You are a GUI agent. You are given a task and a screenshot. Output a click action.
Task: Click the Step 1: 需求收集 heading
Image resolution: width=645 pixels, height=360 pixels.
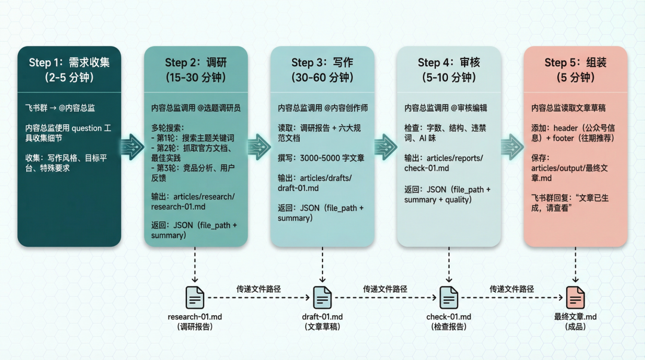pyautogui.click(x=69, y=63)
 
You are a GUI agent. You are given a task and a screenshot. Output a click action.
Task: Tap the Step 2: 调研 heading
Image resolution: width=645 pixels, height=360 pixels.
pyautogui.click(x=196, y=63)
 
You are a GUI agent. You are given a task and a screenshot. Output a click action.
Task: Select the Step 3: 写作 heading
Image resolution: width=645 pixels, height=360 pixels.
pyautogui.click(x=322, y=63)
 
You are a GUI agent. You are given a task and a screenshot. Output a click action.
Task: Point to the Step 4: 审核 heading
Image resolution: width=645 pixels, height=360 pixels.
pyautogui.click(x=449, y=63)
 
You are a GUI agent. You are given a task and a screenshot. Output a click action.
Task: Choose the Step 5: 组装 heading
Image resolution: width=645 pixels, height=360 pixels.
pyautogui.click(x=575, y=63)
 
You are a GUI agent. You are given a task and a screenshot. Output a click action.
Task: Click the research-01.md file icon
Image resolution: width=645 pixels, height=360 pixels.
pyautogui.click(x=195, y=297)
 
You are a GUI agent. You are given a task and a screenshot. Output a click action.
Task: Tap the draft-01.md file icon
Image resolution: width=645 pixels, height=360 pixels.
pyautogui.click(x=322, y=297)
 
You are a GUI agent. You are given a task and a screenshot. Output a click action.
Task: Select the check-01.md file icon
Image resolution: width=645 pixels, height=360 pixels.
pyautogui.click(x=449, y=297)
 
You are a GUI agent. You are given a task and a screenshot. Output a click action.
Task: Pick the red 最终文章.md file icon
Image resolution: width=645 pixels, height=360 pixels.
pyautogui.click(x=575, y=297)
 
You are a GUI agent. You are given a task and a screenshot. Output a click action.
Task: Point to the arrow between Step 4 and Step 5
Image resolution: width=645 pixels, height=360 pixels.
pyautogui.click(x=512, y=146)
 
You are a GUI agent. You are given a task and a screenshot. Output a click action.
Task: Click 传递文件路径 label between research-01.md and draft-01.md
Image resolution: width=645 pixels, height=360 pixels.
pyautogui.click(x=259, y=289)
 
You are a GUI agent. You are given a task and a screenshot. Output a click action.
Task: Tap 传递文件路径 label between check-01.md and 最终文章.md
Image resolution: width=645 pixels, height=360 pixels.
pyautogui.click(x=512, y=289)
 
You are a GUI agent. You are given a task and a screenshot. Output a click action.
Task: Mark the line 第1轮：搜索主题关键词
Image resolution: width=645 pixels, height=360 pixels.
pyautogui.click(x=191, y=137)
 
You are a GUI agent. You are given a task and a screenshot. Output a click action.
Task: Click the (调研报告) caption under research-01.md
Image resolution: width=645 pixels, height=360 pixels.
pyautogui.click(x=195, y=327)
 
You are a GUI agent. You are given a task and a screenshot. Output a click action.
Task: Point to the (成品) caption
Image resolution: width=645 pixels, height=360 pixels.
pyautogui.click(x=575, y=327)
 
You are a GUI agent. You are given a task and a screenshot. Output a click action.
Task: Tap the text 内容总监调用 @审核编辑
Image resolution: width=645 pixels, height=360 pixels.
pyautogui.click(x=446, y=108)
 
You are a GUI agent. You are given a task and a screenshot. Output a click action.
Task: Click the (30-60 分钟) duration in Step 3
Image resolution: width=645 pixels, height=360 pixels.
pyautogui.click(x=322, y=78)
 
